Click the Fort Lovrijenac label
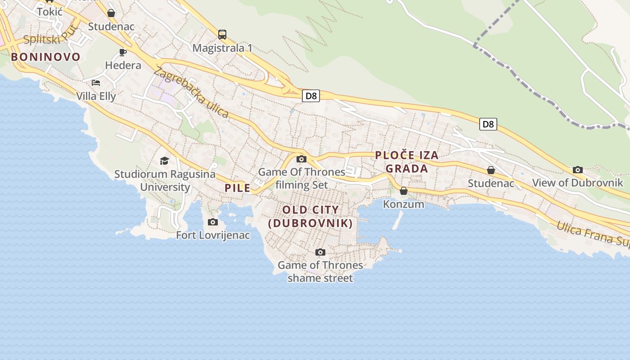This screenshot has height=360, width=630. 213,235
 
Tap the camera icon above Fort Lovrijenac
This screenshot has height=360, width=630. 213,222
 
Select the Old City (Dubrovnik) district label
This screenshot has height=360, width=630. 310,216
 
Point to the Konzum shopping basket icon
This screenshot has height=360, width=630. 404,191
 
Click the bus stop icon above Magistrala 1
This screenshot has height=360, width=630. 222,34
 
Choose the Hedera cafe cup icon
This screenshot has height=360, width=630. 123,52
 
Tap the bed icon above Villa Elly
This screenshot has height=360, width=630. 96,82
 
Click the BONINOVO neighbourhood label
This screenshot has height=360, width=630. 46,57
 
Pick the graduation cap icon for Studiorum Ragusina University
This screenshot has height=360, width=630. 165,161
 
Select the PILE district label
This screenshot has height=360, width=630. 238,188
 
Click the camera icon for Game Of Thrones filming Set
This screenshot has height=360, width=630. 301,159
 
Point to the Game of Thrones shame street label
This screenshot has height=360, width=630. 320,271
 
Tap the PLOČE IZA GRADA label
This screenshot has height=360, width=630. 407,162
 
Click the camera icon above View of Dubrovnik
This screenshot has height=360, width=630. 578,170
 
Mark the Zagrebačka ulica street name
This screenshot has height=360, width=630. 191,92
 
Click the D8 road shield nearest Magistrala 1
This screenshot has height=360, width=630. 310,95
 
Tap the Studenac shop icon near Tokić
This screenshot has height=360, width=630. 111,13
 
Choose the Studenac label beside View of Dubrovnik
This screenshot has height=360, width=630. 491,183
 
